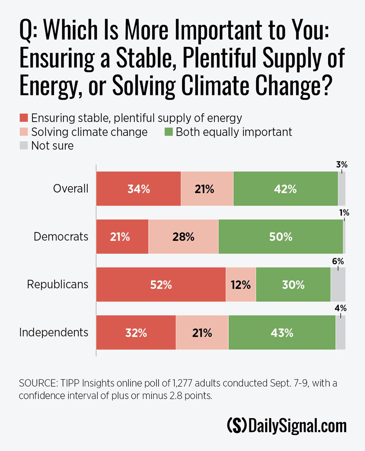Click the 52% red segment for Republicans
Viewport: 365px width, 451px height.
[161, 284]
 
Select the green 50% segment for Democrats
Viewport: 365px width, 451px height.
[280, 236]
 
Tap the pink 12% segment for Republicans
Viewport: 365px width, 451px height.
[241, 284]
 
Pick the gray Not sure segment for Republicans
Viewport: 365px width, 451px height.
[338, 284]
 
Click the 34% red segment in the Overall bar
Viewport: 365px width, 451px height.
[138, 189]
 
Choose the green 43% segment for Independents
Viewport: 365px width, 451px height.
[282, 332]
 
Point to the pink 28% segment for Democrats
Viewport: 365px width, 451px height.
[183, 236]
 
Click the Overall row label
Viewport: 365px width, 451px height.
[71, 189]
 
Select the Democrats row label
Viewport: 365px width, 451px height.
[61, 236]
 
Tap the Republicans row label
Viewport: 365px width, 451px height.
[57, 284]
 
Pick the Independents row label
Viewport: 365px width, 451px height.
[54, 332]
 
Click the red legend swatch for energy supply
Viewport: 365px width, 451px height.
[24, 118]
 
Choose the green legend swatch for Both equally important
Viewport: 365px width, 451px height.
[169, 132]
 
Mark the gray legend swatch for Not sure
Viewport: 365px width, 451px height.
[24, 146]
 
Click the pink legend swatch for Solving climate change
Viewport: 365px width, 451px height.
[24, 132]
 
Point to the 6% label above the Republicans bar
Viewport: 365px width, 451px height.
[338, 261]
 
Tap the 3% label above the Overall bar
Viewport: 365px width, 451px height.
[342, 165]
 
